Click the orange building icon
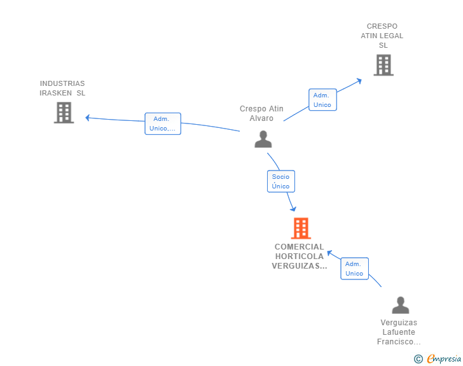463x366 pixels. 301,229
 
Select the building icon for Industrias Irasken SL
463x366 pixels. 64,113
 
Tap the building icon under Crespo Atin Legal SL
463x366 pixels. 384,65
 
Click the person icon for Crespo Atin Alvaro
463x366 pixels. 263,139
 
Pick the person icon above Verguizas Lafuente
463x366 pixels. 401,305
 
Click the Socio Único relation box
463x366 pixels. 281,181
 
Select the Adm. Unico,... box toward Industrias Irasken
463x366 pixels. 163,123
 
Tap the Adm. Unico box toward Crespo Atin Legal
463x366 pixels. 322,100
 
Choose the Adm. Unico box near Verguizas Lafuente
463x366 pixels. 354,269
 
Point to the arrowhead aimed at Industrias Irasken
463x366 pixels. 87,118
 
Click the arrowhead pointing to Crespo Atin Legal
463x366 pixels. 359,81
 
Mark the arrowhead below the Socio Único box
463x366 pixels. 293,209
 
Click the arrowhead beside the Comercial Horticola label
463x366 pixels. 329,253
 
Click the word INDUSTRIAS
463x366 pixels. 62,83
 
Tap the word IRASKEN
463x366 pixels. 55,93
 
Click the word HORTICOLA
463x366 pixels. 300,257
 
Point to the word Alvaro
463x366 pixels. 261,118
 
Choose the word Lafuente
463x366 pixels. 399,332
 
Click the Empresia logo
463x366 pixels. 438,358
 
